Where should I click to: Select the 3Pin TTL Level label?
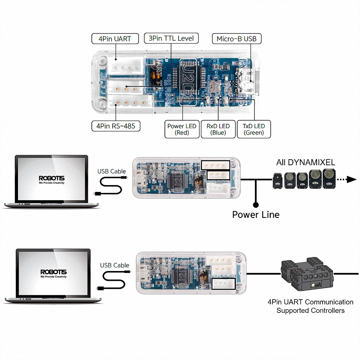point(171,38)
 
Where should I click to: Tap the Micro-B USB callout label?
point(237,39)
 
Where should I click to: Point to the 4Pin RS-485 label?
point(116,126)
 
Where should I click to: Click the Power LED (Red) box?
point(182,129)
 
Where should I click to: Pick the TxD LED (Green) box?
point(254,129)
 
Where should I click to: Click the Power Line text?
point(256,215)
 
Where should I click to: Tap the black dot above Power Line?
point(256,205)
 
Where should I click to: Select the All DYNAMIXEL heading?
point(306,162)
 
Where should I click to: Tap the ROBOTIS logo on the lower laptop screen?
point(53,272)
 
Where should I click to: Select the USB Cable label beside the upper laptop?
point(112,171)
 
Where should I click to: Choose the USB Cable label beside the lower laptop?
point(114,265)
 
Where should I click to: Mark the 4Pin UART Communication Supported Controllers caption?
point(310,306)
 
